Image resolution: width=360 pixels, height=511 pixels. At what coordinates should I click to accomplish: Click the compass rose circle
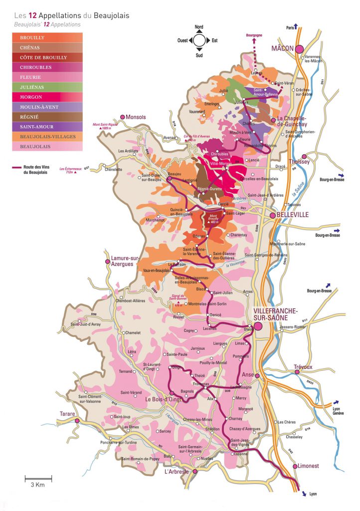pos(199,40)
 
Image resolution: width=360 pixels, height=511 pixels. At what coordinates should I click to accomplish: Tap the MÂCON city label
pos(283,48)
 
